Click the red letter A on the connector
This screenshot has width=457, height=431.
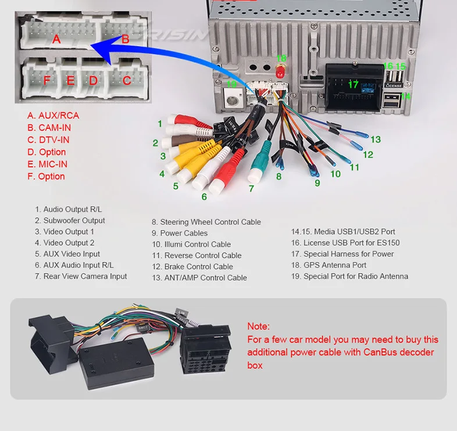[x=56, y=39]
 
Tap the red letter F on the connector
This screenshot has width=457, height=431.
[x=48, y=80]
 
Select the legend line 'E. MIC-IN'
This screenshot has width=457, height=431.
[x=47, y=164]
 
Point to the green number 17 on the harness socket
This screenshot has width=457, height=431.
[x=353, y=85]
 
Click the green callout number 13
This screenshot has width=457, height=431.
[x=376, y=139]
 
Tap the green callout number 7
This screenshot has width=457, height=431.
[x=251, y=188]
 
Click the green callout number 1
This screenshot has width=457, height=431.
[x=159, y=124]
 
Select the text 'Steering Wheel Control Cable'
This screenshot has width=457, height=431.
[x=206, y=222]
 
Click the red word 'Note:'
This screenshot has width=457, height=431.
[x=258, y=326]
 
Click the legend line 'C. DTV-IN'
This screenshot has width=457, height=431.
[x=48, y=140]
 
